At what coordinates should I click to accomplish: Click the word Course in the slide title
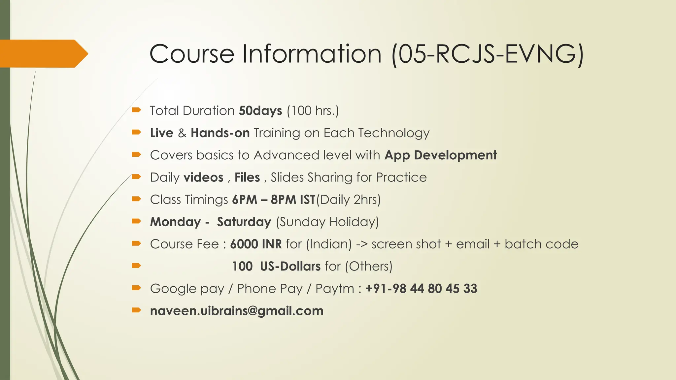tap(192, 54)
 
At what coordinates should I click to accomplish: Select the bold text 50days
tap(260, 111)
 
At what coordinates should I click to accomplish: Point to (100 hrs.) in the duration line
tap(313, 111)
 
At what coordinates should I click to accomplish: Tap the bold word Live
tap(162, 133)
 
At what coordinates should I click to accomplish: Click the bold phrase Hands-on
tap(220, 133)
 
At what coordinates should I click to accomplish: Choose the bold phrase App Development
tap(441, 155)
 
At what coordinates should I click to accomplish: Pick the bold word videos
tap(203, 177)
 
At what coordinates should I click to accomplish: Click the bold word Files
tap(247, 177)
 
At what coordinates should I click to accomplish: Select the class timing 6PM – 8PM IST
tap(274, 200)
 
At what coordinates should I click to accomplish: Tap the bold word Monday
tap(176, 222)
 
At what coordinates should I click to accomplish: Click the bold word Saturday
tap(244, 222)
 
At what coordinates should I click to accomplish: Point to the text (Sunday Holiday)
tap(327, 222)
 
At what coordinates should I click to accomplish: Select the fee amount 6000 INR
tap(256, 244)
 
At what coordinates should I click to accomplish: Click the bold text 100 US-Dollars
tap(276, 266)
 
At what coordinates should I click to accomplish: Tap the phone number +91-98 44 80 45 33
tap(421, 289)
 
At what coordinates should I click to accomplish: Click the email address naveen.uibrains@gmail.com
tap(237, 311)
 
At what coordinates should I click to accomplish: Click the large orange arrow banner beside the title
tap(43, 53)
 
